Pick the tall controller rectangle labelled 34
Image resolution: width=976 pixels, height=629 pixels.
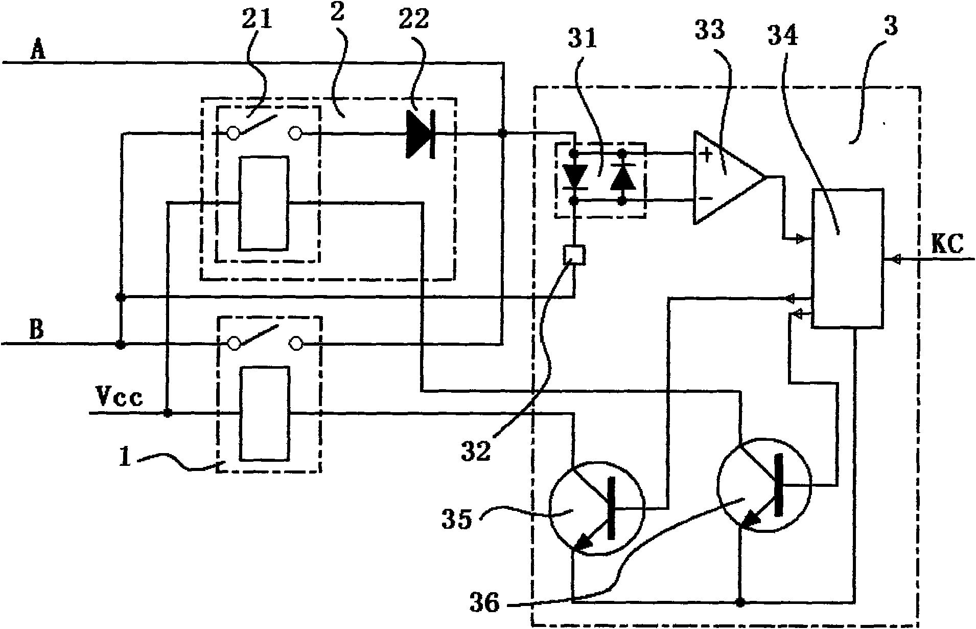(848, 258)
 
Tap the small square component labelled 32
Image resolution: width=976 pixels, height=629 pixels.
(574, 255)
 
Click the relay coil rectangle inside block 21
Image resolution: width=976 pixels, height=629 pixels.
(264, 204)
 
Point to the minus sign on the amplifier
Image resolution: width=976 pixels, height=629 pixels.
(706, 198)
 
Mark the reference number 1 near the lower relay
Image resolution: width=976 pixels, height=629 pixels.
(125, 457)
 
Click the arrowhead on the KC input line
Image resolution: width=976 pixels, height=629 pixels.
(896, 260)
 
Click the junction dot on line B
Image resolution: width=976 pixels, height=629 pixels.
(121, 345)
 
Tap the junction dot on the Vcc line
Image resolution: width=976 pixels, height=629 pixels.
(167, 413)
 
